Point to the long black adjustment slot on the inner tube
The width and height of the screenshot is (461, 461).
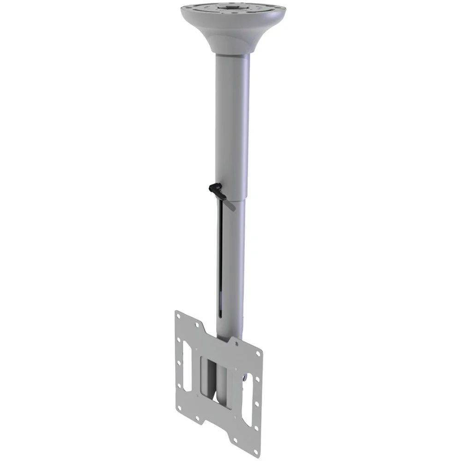click(x=223, y=258)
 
